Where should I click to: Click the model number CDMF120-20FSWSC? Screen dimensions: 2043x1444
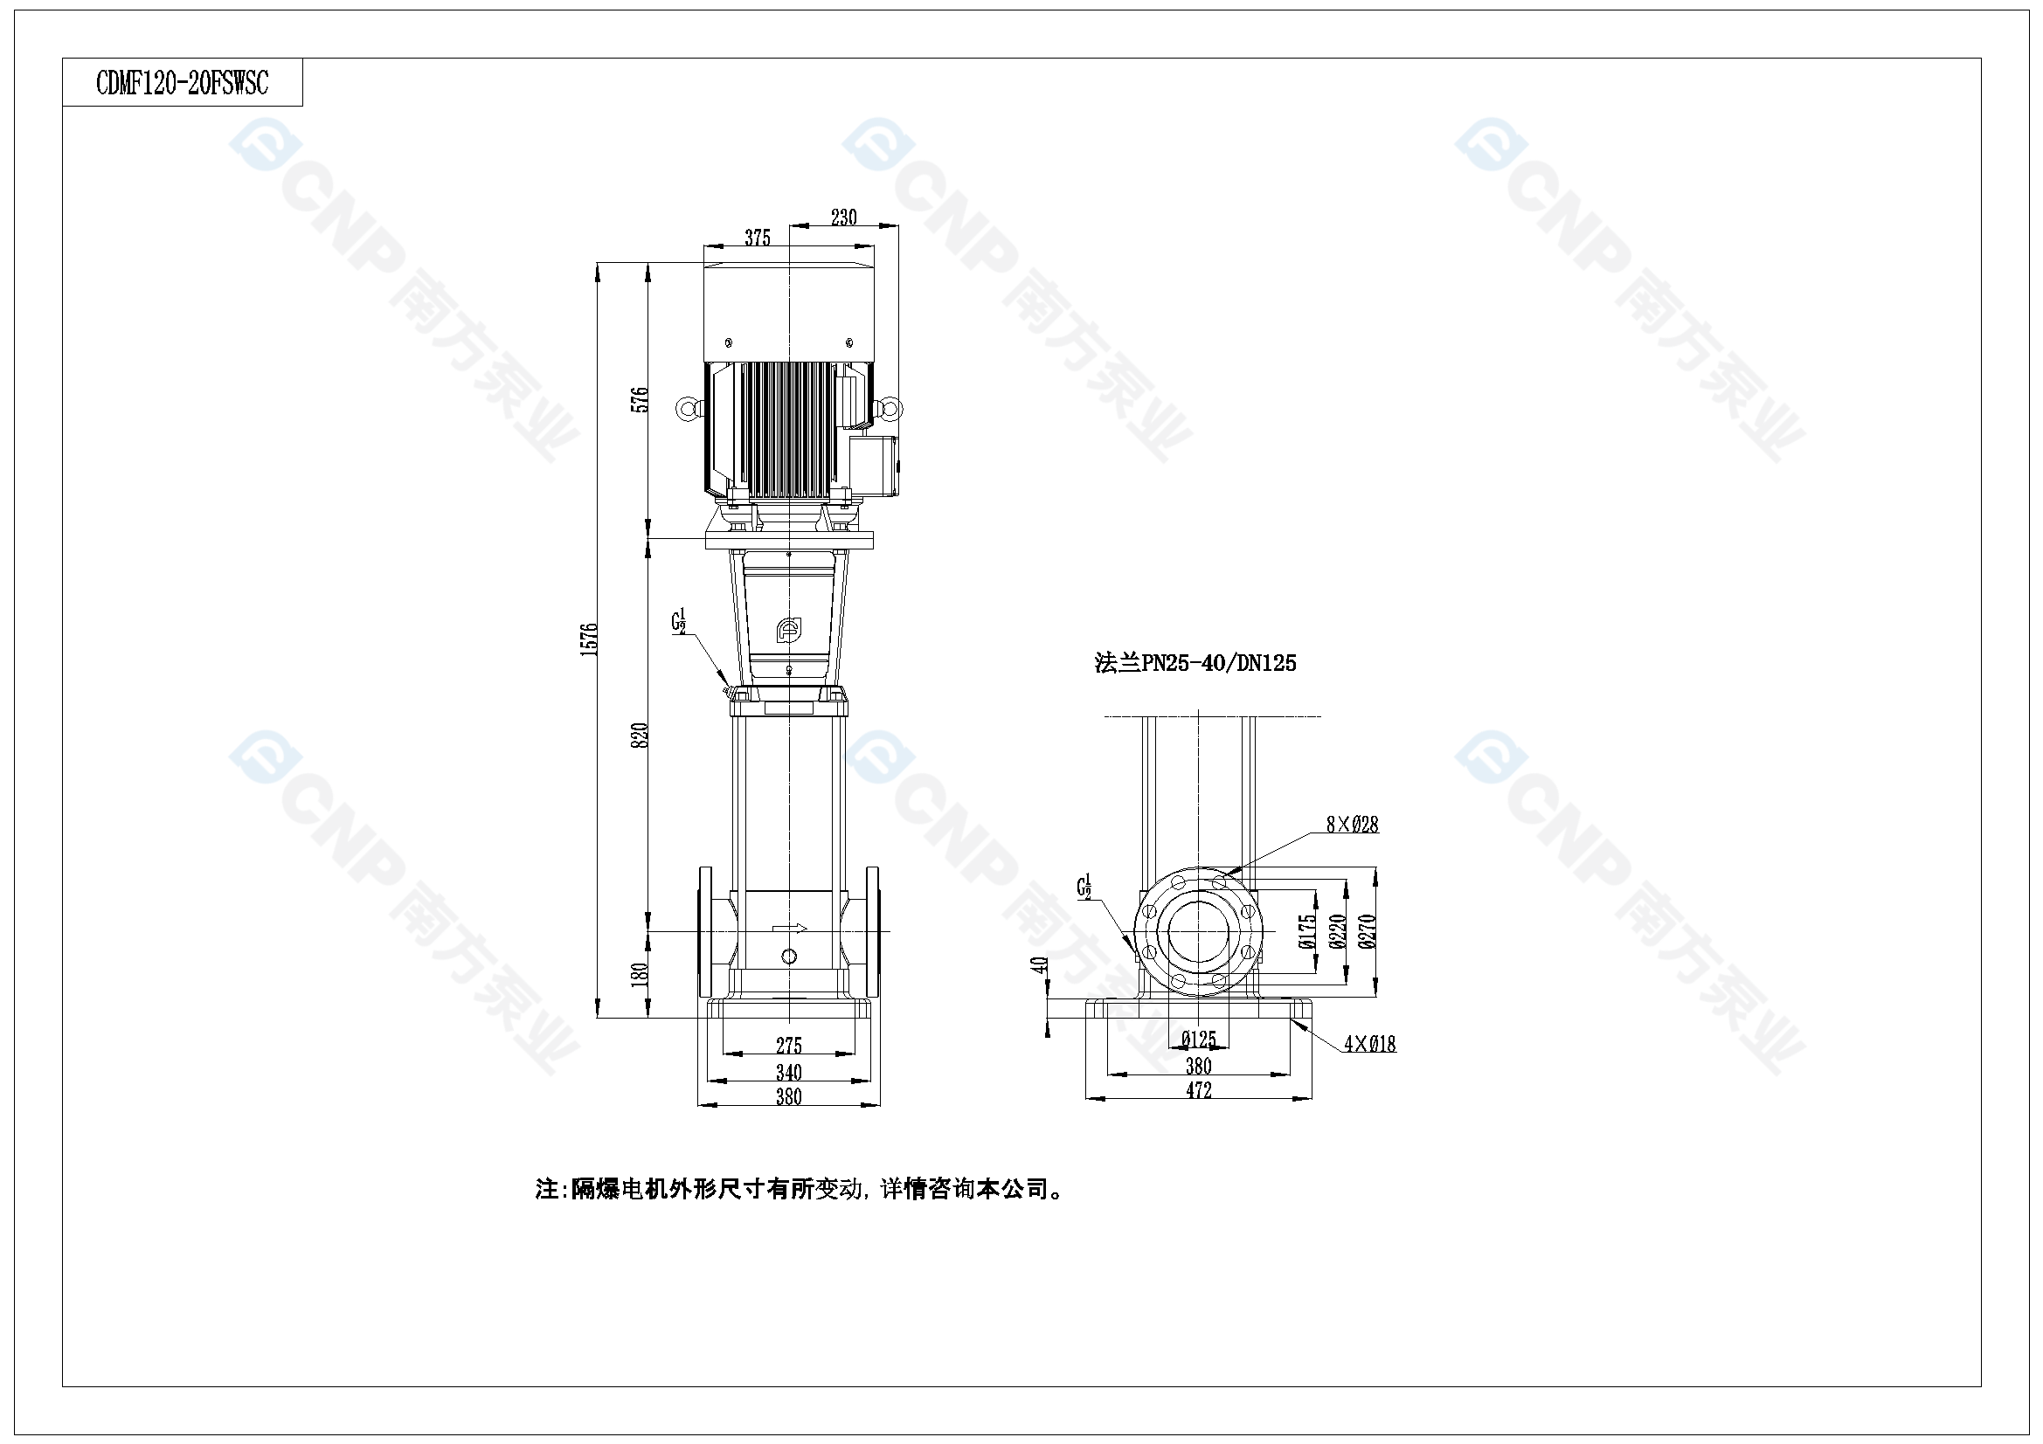click(183, 83)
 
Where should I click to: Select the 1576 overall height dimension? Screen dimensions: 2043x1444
click(589, 639)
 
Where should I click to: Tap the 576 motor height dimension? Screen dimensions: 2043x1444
click(640, 399)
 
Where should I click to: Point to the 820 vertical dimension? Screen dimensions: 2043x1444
click(640, 735)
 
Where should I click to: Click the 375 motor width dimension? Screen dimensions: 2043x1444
click(758, 238)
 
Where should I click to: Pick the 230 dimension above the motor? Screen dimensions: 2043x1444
click(843, 218)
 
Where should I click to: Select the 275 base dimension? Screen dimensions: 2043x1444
click(789, 1046)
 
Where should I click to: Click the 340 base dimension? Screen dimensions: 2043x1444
click(789, 1072)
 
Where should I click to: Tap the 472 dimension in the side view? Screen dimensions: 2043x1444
click(1199, 1090)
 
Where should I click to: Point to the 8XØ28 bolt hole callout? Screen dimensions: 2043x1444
click(1353, 825)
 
